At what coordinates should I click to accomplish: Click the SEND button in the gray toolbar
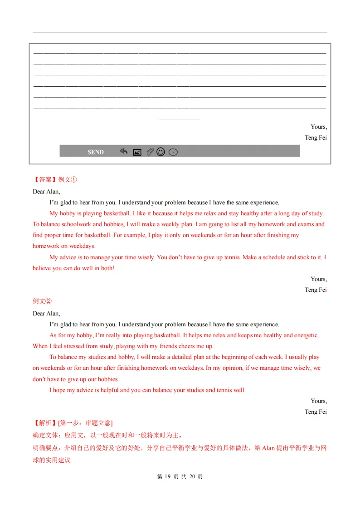tap(96, 152)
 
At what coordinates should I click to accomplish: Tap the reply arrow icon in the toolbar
tap(123, 151)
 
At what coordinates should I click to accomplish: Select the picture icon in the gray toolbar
tap(137, 152)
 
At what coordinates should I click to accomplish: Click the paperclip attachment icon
tap(150, 152)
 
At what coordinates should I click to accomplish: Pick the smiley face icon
tap(161, 152)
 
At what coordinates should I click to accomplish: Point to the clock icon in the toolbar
tap(173, 152)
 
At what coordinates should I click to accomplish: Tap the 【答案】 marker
tap(45, 179)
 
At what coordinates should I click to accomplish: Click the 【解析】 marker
tap(45, 423)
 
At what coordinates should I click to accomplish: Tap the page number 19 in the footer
tap(168, 477)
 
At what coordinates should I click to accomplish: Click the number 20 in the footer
tap(193, 477)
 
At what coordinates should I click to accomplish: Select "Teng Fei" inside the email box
tap(316, 138)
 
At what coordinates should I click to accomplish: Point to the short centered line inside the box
tap(180, 119)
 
